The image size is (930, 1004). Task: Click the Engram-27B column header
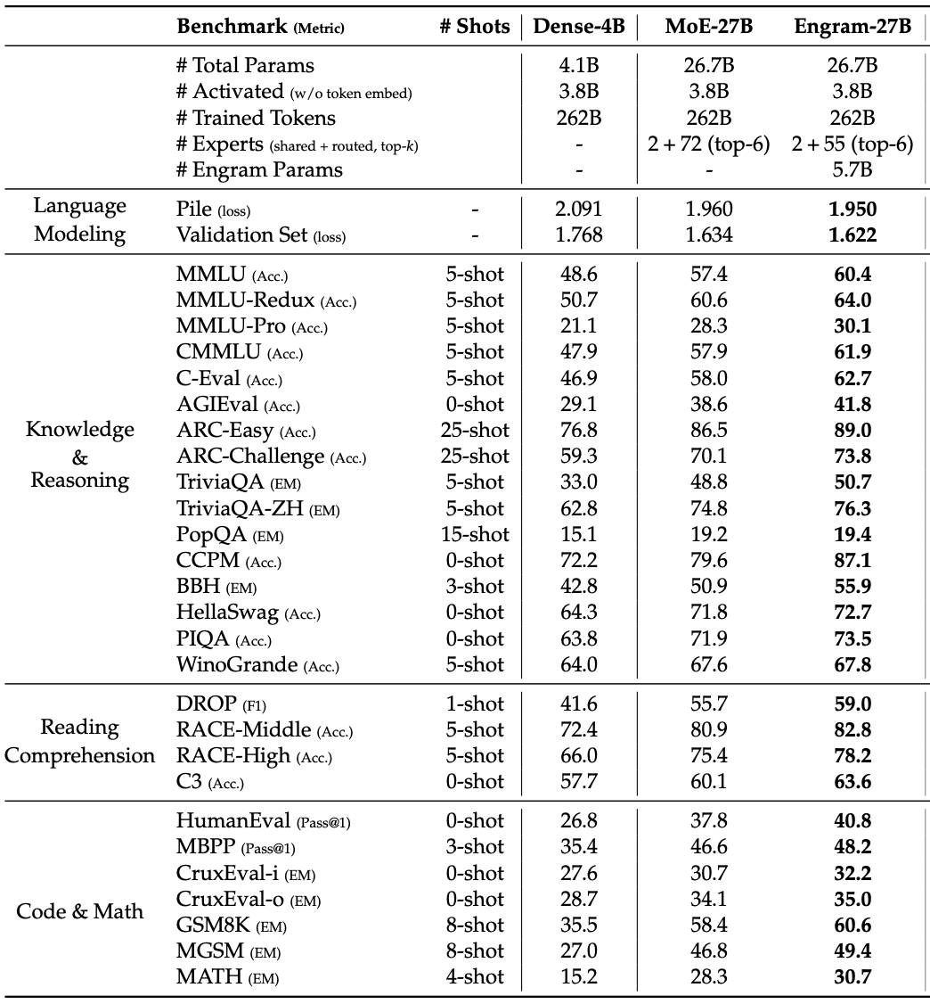pyautogui.click(x=852, y=26)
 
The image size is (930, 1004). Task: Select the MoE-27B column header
pyautogui.click(x=708, y=26)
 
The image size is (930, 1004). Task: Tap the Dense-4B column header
pyautogui.click(x=579, y=26)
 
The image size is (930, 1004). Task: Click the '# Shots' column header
pyautogui.click(x=475, y=26)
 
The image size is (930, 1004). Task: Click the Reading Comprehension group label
pyautogui.click(x=80, y=742)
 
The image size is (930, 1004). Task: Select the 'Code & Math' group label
pyautogui.click(x=80, y=912)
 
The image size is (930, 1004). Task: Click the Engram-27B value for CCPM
pyautogui.click(x=852, y=561)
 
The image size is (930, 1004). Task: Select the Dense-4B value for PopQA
pyautogui.click(x=579, y=535)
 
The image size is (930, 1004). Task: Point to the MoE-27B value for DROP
pyautogui.click(x=708, y=704)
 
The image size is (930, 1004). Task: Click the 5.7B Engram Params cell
pyautogui.click(x=852, y=169)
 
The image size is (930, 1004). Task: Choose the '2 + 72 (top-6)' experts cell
pyautogui.click(x=708, y=144)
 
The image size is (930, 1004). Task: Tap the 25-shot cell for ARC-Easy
pyautogui.click(x=475, y=431)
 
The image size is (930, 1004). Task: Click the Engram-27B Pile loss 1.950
pyautogui.click(x=852, y=210)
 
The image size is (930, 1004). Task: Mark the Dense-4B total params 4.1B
pyautogui.click(x=579, y=65)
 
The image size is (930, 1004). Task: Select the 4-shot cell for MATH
pyautogui.click(x=475, y=977)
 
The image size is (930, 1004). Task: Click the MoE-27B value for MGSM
pyautogui.click(x=708, y=951)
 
